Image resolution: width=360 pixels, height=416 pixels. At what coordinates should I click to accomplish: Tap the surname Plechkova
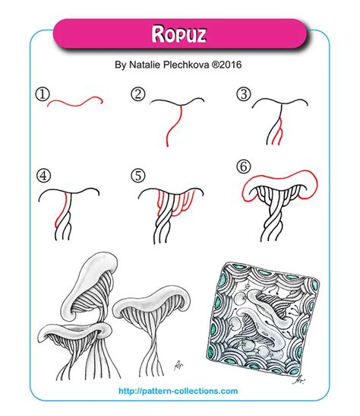click(x=201, y=66)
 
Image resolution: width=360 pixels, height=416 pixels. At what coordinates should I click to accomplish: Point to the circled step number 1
click(x=42, y=94)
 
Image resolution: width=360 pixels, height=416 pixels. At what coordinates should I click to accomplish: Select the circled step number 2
click(x=137, y=94)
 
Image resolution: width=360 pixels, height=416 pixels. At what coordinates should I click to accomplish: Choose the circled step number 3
click(x=243, y=94)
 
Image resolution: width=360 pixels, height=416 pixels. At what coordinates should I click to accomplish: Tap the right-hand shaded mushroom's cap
click(x=159, y=302)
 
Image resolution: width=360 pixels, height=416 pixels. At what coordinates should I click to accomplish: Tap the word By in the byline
click(x=121, y=66)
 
